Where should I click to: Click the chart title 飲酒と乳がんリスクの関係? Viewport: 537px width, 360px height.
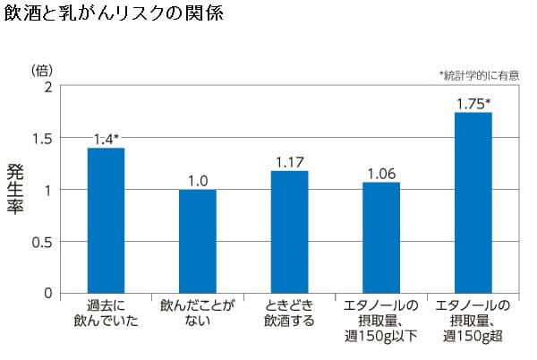pos(114,15)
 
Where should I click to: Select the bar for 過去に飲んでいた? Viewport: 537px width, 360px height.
pos(106,220)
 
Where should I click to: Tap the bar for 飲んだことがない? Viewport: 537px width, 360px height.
pos(198,241)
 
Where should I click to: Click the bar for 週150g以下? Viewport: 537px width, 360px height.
pos(381,237)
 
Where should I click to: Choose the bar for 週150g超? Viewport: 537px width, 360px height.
pos(473,202)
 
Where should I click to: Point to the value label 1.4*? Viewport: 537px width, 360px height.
pos(107,139)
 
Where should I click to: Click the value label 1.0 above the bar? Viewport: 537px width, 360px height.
pos(198,181)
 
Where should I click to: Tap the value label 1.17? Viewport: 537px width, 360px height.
pos(289,162)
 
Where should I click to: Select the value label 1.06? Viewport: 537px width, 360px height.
pos(381,174)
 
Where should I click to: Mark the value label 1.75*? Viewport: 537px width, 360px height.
pos(473,103)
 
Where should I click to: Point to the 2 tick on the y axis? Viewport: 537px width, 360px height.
pos(48,87)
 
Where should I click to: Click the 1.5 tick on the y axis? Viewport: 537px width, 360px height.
pos(44,138)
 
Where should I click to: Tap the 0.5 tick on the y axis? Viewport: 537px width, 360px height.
pos(44,242)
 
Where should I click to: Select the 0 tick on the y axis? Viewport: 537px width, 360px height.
pos(48,293)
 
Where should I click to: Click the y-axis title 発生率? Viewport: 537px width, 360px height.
pos(15,189)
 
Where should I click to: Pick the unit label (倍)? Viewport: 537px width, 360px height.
pos(43,69)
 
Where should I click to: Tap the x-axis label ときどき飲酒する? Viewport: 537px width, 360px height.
pos(289,313)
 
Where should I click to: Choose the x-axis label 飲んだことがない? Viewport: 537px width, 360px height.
pos(198,313)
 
